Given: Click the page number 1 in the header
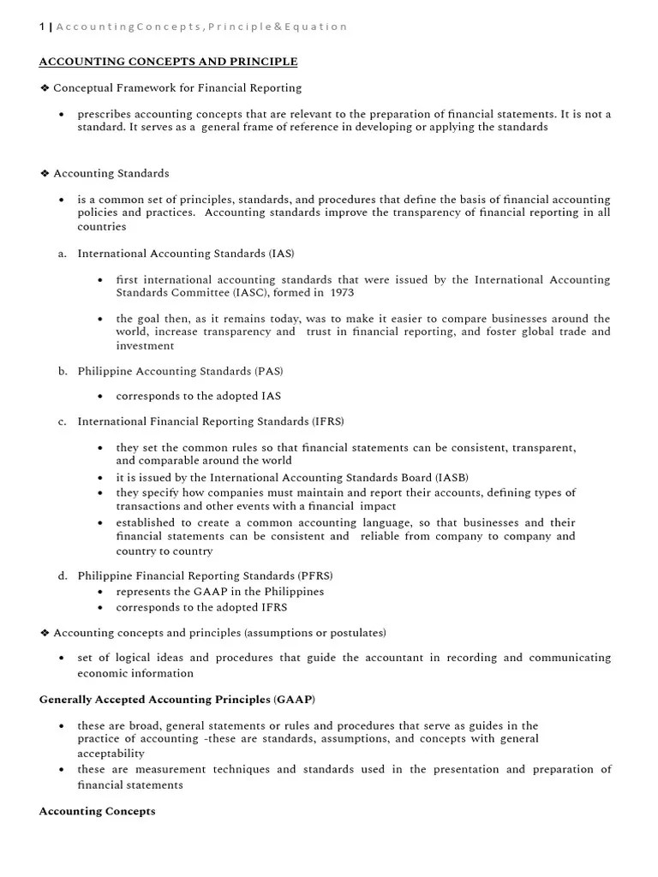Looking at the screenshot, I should pos(42,27).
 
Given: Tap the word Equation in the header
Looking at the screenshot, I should pos(318,27).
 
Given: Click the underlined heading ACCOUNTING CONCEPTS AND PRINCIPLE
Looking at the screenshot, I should pos(169,62).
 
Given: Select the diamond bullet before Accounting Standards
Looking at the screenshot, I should pos(45,173).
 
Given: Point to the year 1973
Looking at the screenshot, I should pos(338,293).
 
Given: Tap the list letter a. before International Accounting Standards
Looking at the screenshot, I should pos(63,254).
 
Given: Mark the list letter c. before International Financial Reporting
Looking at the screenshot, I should pos(63,421).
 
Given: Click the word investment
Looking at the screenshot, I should pos(145,346).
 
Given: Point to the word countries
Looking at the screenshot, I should pos(101,227).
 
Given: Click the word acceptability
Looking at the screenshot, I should pos(111,754).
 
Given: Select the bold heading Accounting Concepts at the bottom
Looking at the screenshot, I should pos(97,811).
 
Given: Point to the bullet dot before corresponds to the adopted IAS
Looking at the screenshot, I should pos(101,397).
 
